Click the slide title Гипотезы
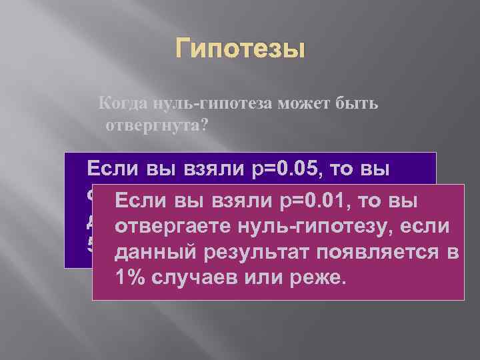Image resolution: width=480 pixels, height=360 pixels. [240, 49]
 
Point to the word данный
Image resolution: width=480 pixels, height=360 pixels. [148, 253]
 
